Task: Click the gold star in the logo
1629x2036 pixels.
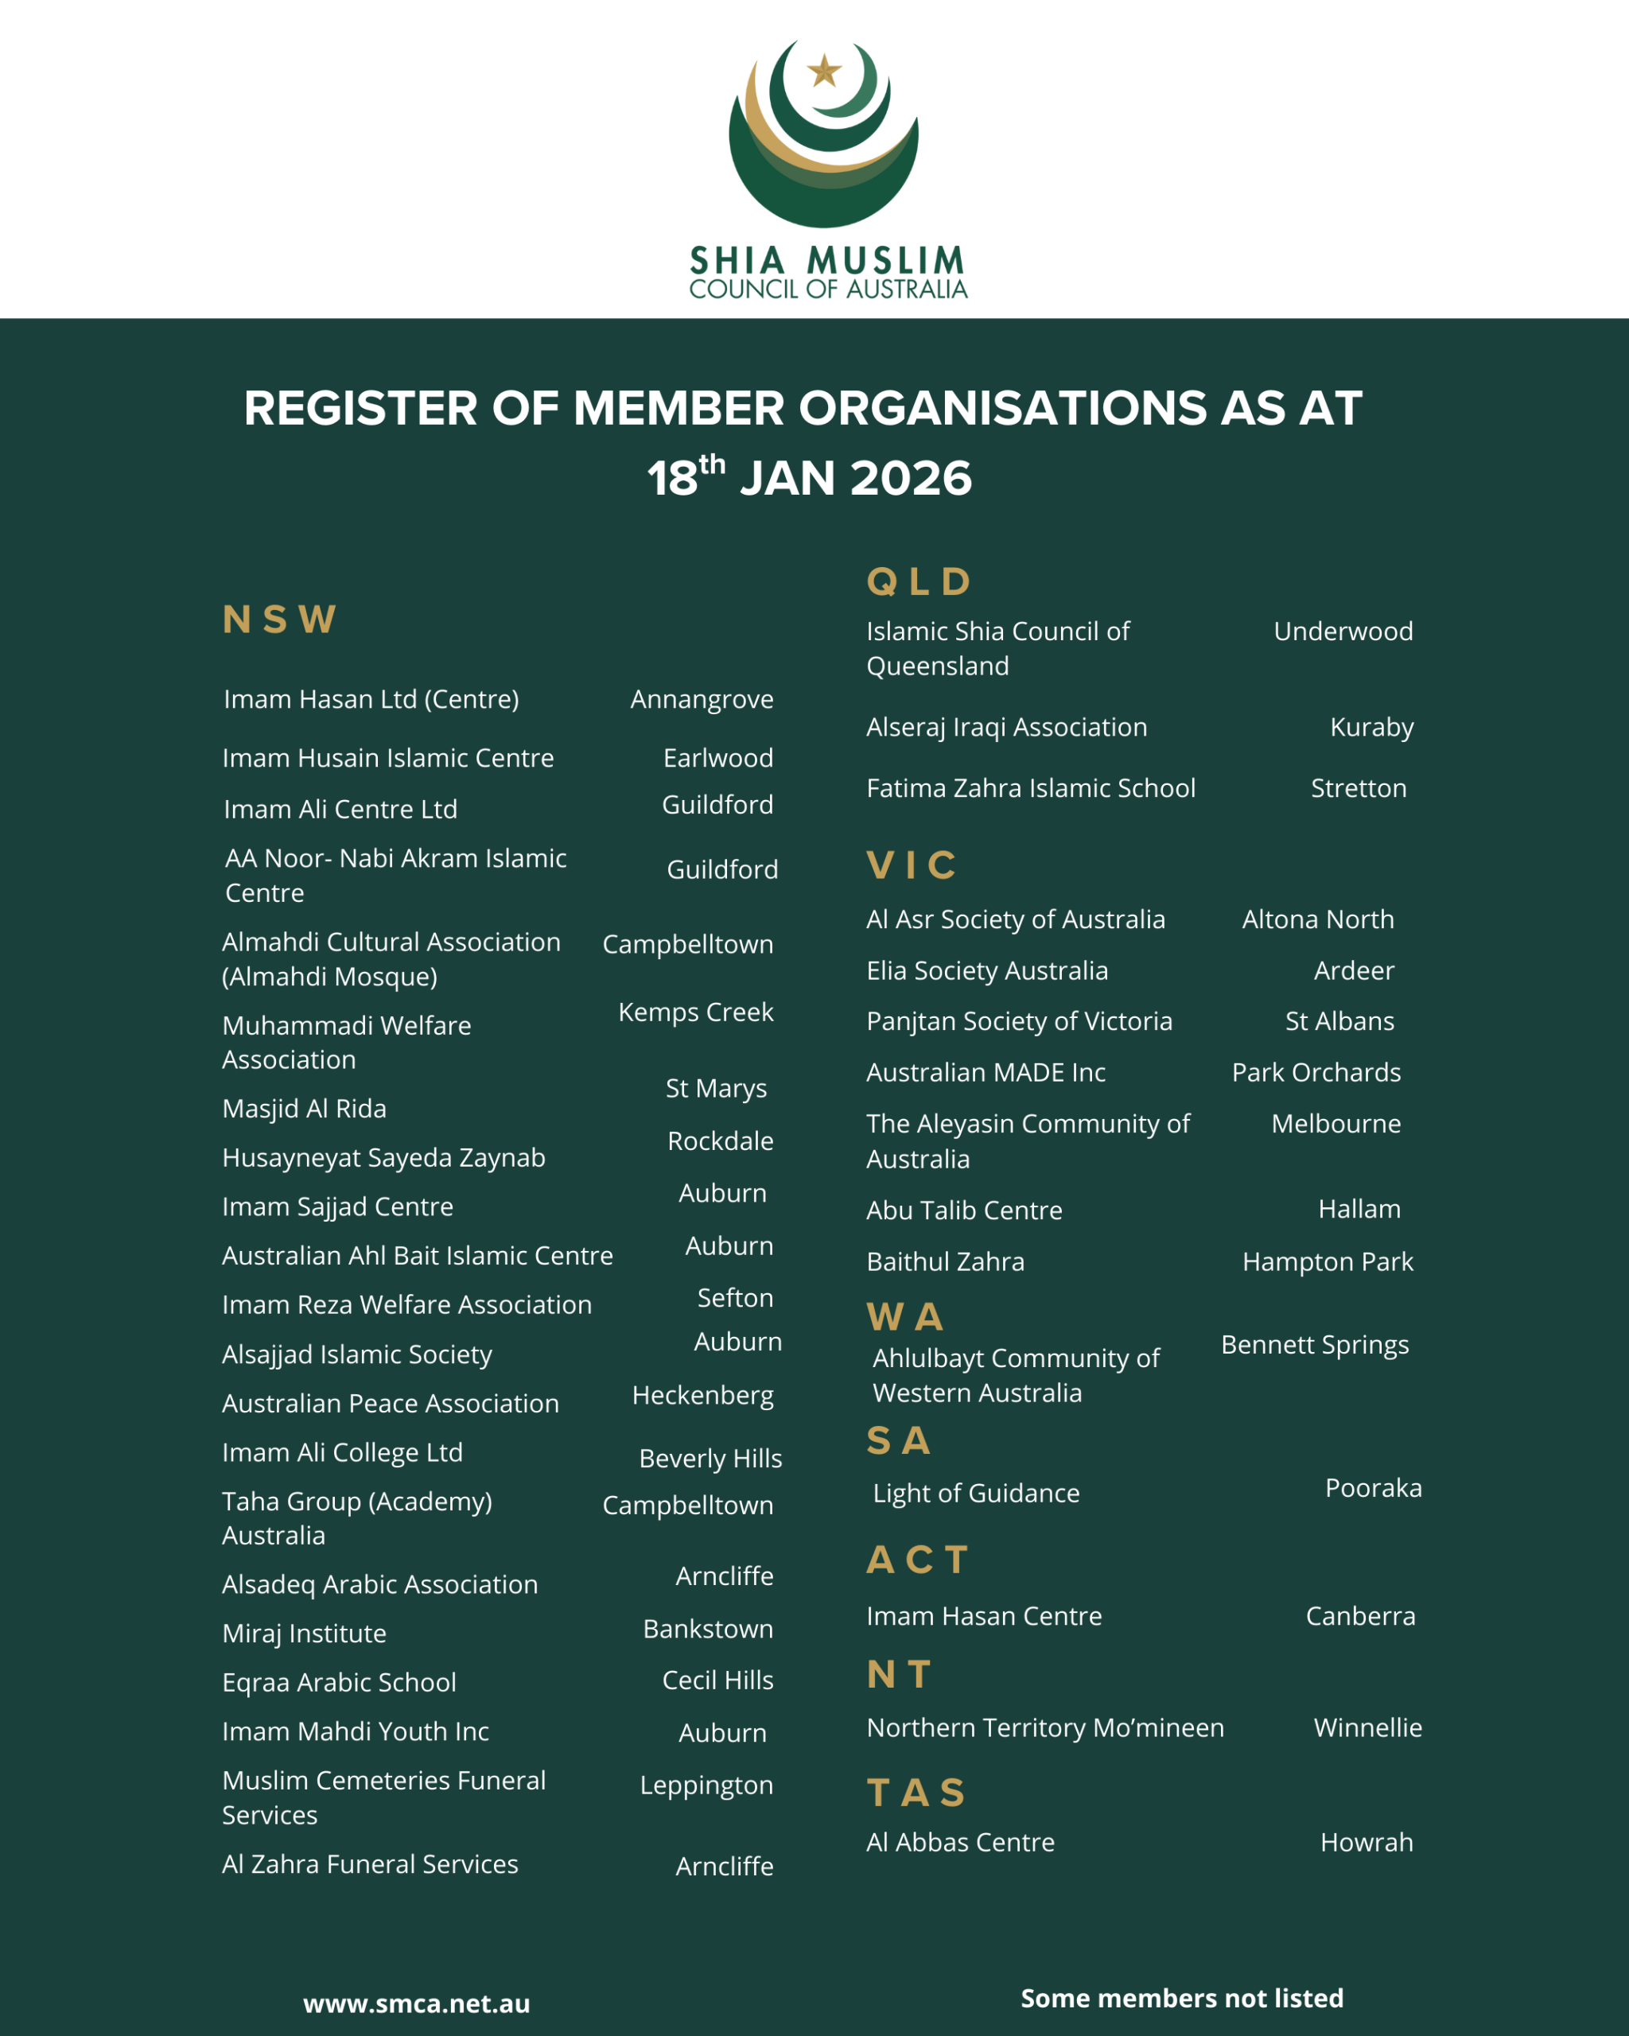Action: tap(824, 71)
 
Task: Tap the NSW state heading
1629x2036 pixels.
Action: tap(279, 620)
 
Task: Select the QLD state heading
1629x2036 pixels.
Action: tap(919, 581)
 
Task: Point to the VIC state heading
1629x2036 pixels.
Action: tap(912, 865)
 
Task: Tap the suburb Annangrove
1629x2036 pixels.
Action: tap(702, 699)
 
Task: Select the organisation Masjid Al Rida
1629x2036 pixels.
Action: tap(304, 1109)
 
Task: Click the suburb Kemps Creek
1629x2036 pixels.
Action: tap(695, 1012)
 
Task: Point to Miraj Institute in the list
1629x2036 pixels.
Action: tap(304, 1634)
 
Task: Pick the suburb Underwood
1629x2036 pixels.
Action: tap(1343, 631)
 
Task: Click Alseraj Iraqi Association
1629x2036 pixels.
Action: tap(1007, 727)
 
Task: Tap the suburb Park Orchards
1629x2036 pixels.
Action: tap(1316, 1073)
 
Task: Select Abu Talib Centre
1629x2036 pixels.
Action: tap(964, 1210)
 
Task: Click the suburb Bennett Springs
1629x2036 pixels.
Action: tap(1315, 1345)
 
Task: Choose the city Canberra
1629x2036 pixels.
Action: tap(1360, 1616)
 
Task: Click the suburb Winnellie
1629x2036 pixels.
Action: tap(1367, 1727)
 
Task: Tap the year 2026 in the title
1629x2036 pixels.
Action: tap(911, 479)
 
